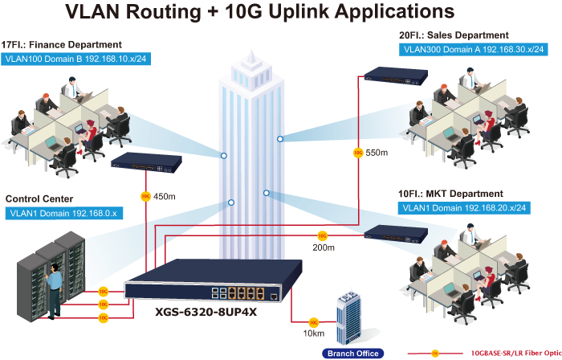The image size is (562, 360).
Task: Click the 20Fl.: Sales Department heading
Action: pos(454,35)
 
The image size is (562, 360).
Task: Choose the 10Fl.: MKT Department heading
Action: pos(450,194)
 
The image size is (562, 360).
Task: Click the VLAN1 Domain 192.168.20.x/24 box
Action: pos(463,208)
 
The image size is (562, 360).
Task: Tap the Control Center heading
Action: pos(39,198)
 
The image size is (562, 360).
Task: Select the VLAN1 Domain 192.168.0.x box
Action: pos(62,214)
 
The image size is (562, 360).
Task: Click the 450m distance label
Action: pos(164,195)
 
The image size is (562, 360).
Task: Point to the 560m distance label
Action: pos(377,153)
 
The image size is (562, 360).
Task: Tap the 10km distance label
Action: pos(312,333)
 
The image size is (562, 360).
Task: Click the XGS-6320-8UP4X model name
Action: pos(206,312)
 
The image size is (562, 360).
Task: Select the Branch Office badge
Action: pos(352,353)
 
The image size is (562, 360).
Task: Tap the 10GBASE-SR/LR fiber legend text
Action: pos(516,353)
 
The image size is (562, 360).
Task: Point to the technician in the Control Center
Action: pos(55,285)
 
